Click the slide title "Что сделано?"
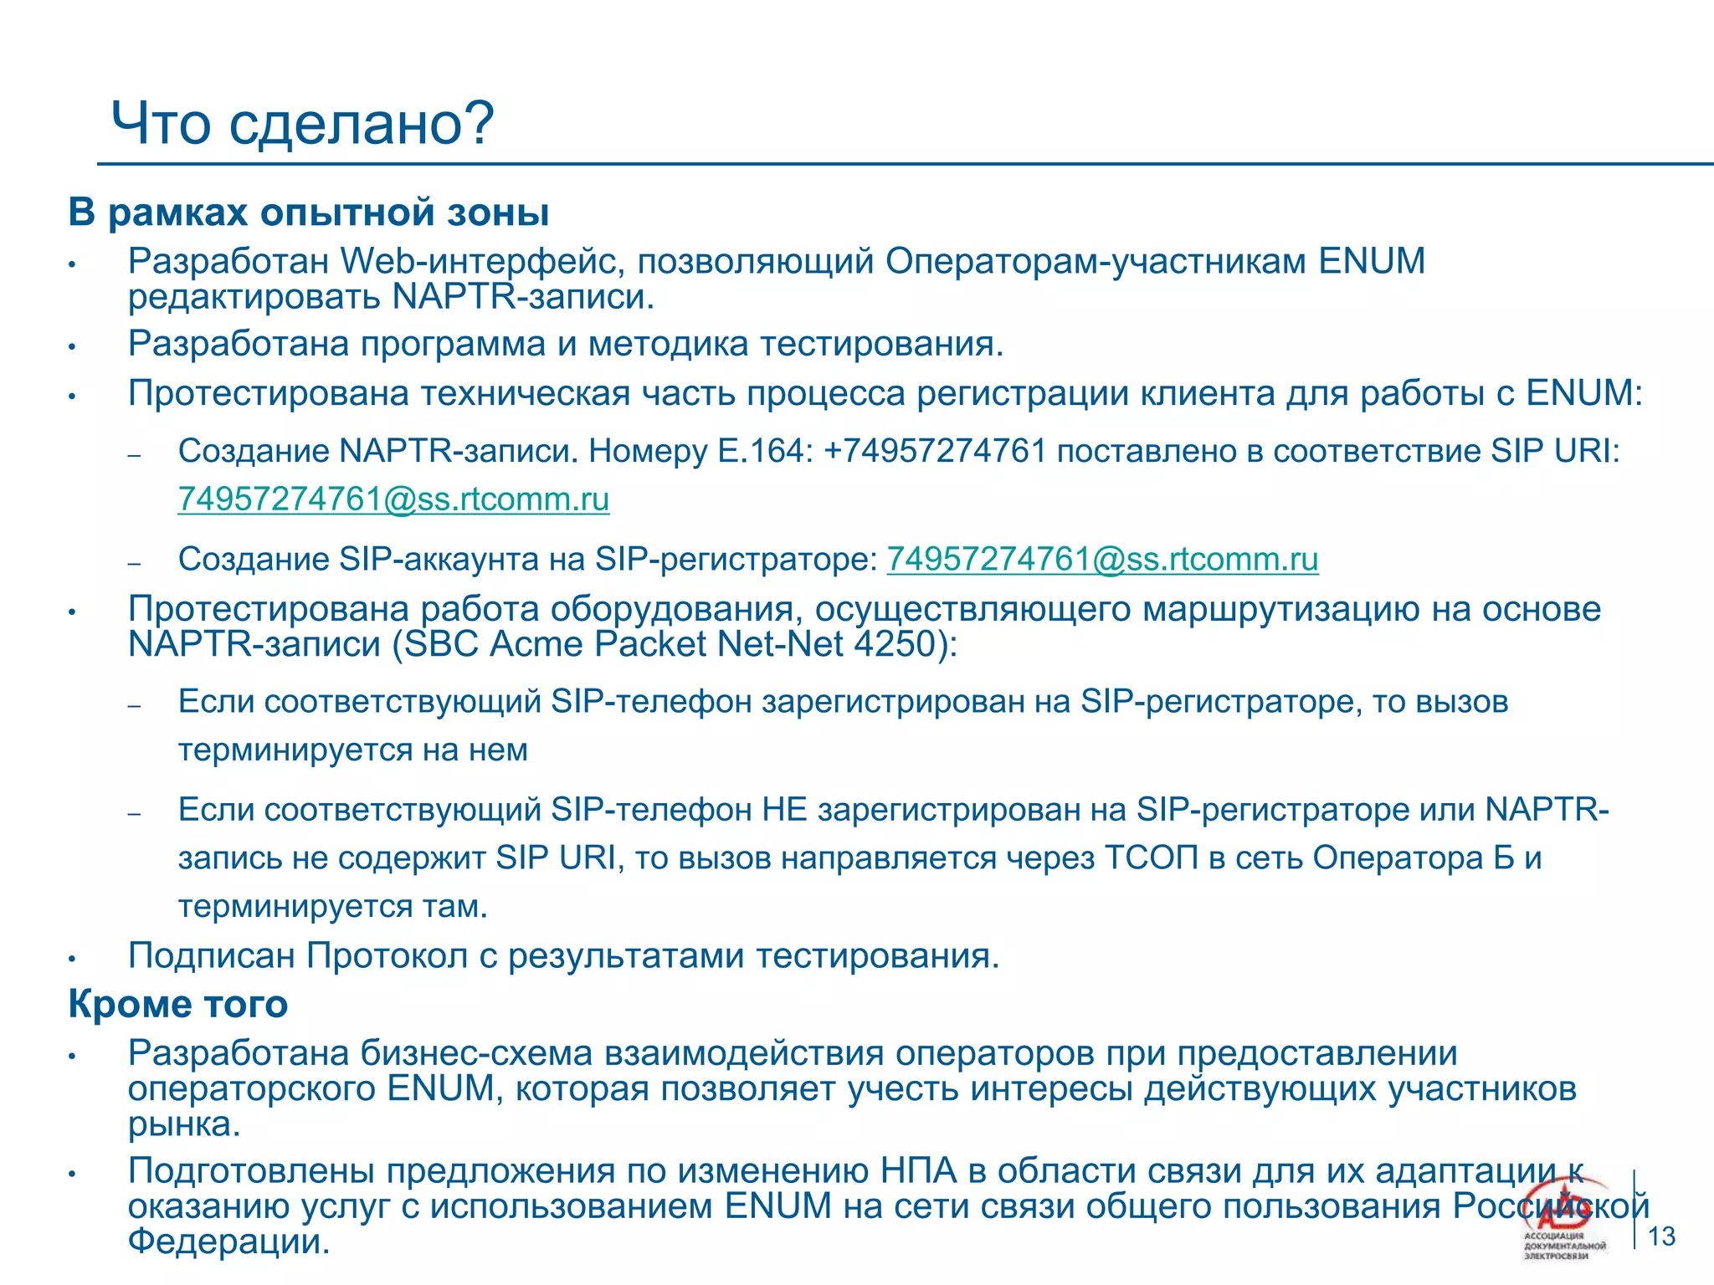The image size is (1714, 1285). pyautogui.click(x=303, y=124)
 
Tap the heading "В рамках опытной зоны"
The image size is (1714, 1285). pyautogui.click(x=308, y=212)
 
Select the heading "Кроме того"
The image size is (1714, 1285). pyautogui.click(x=177, y=1004)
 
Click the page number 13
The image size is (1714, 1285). pyautogui.click(x=1661, y=1236)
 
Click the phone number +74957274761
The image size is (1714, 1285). pyautogui.click(x=935, y=451)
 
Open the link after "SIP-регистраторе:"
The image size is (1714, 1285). pyautogui.click(x=1102, y=559)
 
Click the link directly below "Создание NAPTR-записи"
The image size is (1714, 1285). pyautogui.click(x=393, y=499)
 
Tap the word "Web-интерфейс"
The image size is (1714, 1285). pyautogui.click(x=482, y=261)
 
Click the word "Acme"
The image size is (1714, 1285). pyautogui.click(x=536, y=644)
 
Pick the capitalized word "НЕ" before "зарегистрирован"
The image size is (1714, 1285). pyautogui.click(x=784, y=810)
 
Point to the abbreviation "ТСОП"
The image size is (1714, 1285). pyautogui.click(x=1152, y=858)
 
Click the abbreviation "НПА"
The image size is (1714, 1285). pyautogui.click(x=918, y=1170)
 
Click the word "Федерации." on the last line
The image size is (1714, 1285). pyautogui.click(x=228, y=1241)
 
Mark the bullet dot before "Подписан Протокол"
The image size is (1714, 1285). pyautogui.click(x=73, y=959)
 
